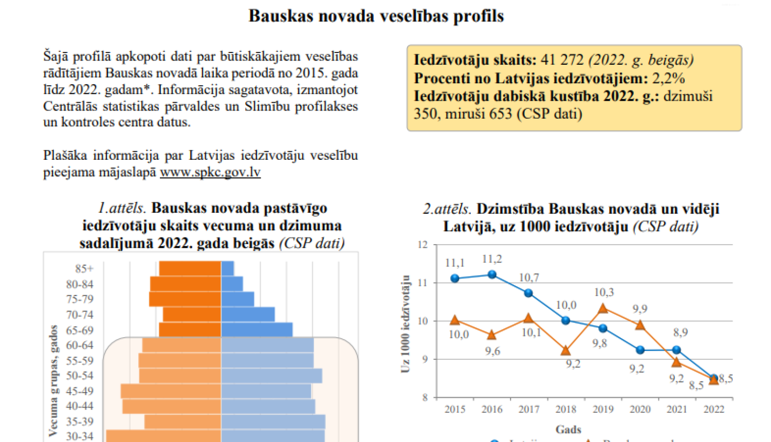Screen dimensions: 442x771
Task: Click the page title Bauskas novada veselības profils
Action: tap(376, 16)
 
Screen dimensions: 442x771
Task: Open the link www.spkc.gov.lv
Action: tap(210, 172)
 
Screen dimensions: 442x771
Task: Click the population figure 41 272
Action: tap(562, 60)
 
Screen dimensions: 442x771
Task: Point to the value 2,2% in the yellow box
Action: tap(668, 78)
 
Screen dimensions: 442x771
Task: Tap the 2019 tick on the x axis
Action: tap(603, 409)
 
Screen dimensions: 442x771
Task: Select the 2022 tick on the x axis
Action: tap(713, 409)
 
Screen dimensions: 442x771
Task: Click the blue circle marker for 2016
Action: tap(492, 274)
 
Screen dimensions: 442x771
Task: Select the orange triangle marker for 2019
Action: tap(603, 309)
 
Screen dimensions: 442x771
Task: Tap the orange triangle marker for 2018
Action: tap(565, 351)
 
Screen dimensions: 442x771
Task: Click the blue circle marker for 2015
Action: tap(455, 279)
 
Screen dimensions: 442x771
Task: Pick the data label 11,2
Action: tap(492, 259)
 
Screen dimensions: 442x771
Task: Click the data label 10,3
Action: tap(604, 292)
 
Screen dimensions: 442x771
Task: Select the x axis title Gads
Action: tap(568, 429)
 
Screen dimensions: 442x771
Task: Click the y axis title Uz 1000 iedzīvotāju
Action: tap(406, 324)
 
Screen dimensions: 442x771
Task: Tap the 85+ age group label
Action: tap(84, 269)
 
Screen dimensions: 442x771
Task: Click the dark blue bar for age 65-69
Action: tap(256, 330)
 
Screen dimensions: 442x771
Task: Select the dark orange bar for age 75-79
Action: tap(185, 299)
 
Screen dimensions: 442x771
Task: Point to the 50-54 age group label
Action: tap(80, 376)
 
